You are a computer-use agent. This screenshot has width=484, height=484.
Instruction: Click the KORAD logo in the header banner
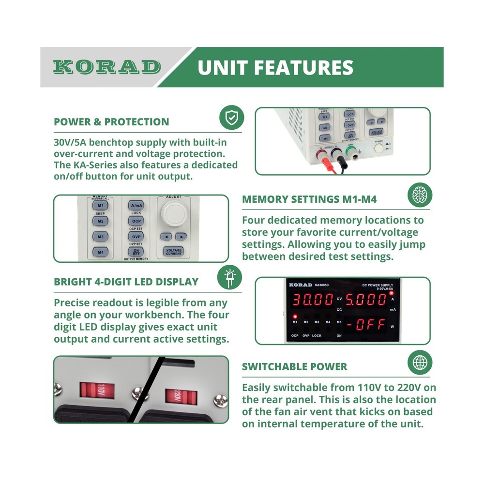[x=106, y=67]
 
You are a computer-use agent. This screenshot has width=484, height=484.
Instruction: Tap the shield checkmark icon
[x=231, y=118]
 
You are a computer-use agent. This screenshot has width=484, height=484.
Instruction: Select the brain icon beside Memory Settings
[x=419, y=195]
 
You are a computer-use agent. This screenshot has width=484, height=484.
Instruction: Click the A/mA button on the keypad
[x=136, y=206]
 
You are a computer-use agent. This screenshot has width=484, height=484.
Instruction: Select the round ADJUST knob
[x=173, y=212]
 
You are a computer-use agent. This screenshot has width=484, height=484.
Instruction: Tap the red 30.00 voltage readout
[x=312, y=300]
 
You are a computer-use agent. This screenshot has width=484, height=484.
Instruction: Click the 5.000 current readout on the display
[x=366, y=300]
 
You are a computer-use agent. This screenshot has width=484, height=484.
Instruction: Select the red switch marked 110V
[x=97, y=390]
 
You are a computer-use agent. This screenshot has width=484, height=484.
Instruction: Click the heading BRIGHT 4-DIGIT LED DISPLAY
[x=126, y=282]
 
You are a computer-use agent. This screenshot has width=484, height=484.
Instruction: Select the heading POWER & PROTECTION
[x=111, y=122]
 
